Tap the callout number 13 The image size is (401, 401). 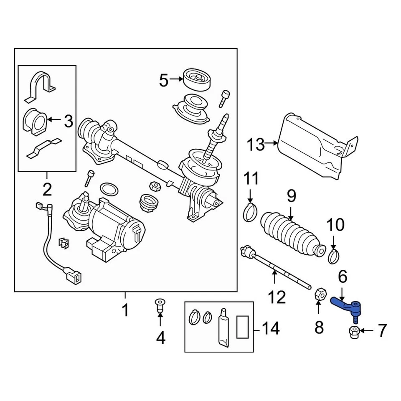[256, 145]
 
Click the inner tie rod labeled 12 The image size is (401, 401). [276, 270]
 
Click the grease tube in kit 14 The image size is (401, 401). [223, 327]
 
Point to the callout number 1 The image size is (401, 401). [125, 310]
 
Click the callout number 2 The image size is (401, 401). [47, 190]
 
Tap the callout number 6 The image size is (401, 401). [342, 277]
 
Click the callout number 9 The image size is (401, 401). [291, 195]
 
